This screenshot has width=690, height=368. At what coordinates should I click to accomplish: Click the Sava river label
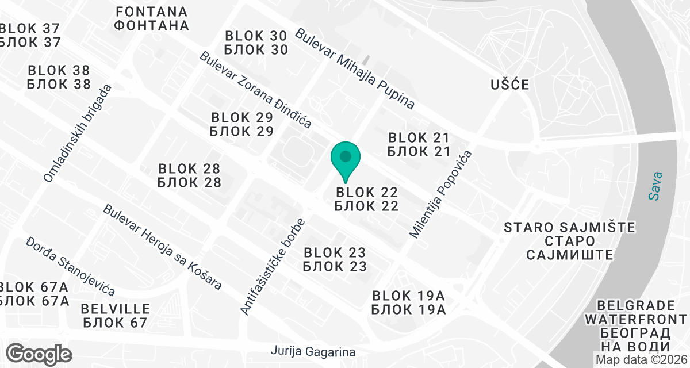point(655,186)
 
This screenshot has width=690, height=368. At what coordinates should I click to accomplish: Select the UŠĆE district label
point(509,85)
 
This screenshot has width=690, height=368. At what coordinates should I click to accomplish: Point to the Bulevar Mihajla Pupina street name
point(355,68)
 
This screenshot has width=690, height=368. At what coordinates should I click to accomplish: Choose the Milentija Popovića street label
point(440,194)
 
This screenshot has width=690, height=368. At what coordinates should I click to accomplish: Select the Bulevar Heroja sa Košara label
point(163,247)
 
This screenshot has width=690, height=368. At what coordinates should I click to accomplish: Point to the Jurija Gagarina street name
point(313,351)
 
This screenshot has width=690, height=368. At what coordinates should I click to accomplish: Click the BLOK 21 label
point(418,144)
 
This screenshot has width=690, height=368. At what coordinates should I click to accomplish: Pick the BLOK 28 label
point(189,175)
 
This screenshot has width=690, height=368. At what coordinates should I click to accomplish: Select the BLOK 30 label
point(256,43)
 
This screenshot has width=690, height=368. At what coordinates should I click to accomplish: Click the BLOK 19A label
point(408,303)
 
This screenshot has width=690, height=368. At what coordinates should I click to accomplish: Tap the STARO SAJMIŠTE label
point(569,241)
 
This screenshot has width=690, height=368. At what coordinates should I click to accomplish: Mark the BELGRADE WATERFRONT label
point(635,325)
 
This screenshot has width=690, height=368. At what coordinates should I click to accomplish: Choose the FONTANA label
point(152,18)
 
